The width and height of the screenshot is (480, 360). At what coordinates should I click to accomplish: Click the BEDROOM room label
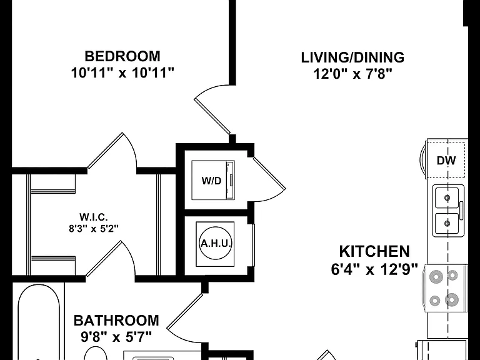(122, 56)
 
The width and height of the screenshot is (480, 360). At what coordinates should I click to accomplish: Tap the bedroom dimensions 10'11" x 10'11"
(122, 73)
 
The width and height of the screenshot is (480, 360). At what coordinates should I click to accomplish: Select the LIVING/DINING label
(352, 57)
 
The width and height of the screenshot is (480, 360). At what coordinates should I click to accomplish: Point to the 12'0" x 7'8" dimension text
(352, 74)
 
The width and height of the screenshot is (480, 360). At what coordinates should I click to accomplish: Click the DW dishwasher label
(446, 161)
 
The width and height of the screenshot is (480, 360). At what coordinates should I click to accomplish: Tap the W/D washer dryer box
(213, 180)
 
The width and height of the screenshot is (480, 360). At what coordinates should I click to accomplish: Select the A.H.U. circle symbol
(215, 244)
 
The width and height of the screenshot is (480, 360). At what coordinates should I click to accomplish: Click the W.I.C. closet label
(94, 217)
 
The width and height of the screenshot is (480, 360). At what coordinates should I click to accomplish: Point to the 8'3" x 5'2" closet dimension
(94, 228)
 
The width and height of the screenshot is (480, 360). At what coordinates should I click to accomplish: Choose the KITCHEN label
(374, 252)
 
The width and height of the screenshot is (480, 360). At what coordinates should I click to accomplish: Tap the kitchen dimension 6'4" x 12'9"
(374, 270)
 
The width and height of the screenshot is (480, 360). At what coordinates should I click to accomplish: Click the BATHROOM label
(116, 321)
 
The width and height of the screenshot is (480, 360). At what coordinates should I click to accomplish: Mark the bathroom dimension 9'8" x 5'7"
(116, 337)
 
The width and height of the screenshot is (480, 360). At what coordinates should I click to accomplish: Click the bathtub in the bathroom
(39, 321)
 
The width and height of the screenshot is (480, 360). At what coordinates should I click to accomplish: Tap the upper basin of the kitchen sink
(447, 197)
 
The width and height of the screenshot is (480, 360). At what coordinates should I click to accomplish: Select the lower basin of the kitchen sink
(447, 223)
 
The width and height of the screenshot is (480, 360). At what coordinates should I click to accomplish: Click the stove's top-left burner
(436, 277)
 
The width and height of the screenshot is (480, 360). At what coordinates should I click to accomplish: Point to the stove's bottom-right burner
(452, 299)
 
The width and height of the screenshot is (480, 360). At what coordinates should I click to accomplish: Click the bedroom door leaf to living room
(212, 116)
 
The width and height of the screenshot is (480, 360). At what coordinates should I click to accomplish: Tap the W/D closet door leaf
(269, 173)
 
